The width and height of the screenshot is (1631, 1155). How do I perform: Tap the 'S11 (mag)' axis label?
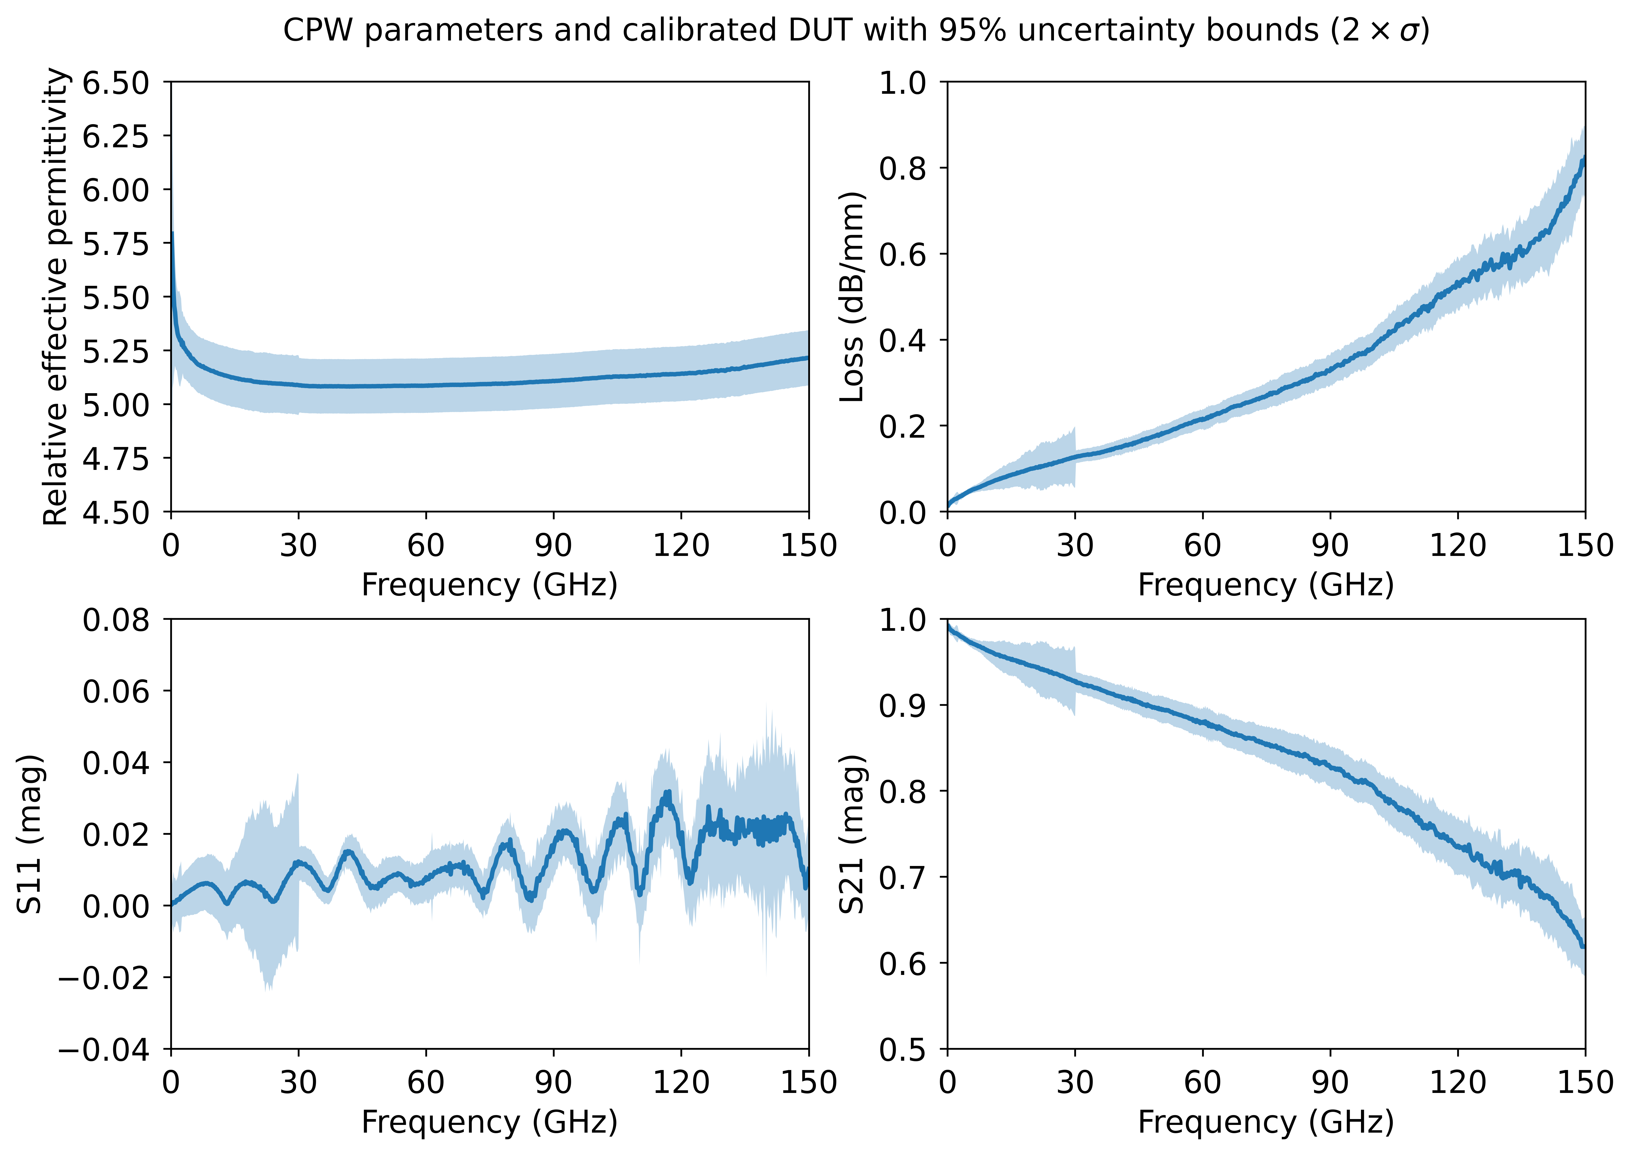point(30,833)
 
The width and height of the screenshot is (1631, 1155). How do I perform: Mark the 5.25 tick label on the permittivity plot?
point(116,351)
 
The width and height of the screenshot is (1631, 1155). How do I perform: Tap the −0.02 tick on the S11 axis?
point(104,978)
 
